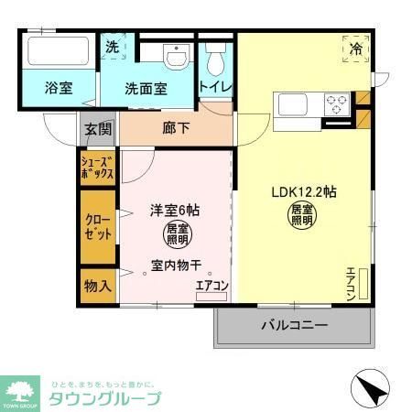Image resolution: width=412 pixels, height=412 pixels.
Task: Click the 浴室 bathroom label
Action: [60, 89]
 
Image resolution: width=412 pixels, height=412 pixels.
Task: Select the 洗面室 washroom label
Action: [146, 89]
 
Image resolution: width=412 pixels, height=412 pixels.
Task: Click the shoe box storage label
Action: [98, 168]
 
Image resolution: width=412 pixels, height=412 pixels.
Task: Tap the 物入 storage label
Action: [98, 285]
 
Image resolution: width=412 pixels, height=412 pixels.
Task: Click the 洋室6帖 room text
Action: [174, 210]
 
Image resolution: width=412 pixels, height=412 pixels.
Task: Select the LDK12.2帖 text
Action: [302, 192]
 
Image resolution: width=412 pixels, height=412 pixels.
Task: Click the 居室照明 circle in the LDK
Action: [302, 218]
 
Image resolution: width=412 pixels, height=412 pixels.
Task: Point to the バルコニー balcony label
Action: [293, 324]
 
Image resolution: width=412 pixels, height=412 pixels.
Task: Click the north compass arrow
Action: [370, 391]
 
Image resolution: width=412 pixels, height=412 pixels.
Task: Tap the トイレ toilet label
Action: [216, 87]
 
